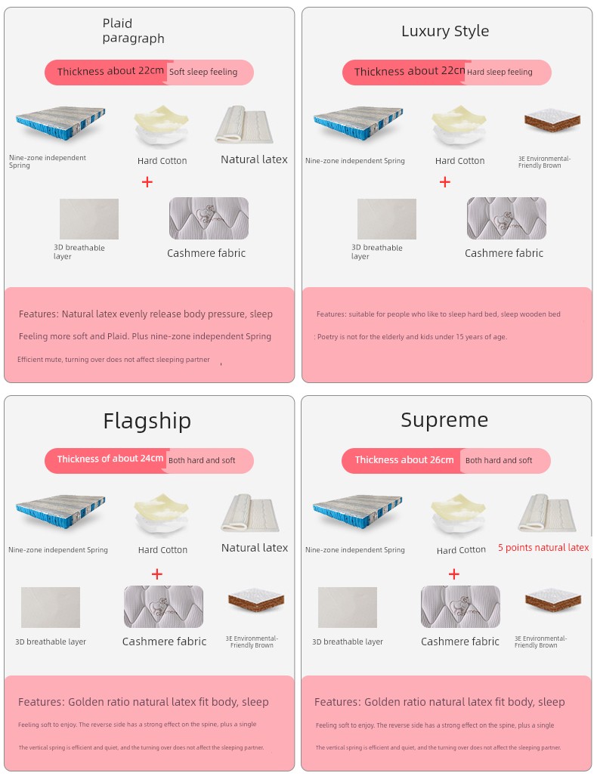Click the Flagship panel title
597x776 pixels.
(147, 422)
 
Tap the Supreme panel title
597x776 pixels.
(444, 420)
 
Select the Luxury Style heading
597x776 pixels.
(445, 31)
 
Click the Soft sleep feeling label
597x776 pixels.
(203, 72)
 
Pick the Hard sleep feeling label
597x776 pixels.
(500, 72)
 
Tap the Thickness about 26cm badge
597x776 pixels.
(404, 459)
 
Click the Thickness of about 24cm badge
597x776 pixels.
(110, 459)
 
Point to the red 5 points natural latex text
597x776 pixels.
(543, 547)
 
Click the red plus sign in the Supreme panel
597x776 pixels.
(454, 574)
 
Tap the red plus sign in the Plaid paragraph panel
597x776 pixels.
(147, 182)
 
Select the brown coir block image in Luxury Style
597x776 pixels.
(552, 120)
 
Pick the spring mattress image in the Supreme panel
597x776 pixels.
(357, 512)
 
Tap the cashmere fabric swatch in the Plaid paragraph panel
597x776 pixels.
(209, 218)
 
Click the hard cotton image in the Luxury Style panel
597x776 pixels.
(459, 127)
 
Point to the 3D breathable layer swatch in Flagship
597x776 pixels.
(51, 608)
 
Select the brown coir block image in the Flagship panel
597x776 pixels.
(256, 600)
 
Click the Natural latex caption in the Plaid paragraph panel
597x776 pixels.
(254, 159)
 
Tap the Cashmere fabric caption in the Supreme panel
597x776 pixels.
(460, 642)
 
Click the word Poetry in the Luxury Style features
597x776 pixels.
(326, 336)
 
